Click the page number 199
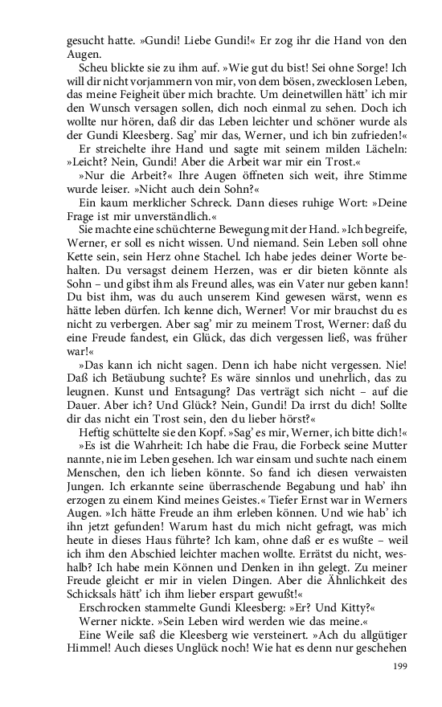click(399, 665)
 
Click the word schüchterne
click(179, 231)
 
